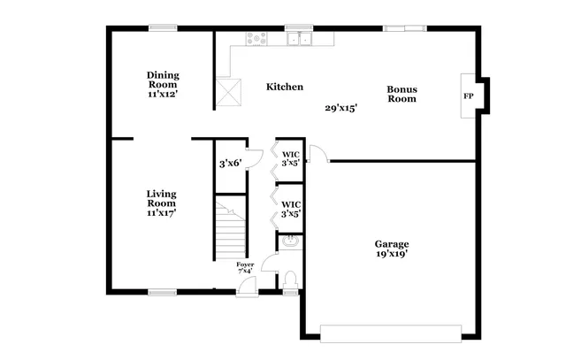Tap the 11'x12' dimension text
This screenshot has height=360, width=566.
(x=162, y=95)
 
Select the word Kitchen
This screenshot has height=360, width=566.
(x=285, y=87)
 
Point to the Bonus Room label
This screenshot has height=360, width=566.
(x=402, y=94)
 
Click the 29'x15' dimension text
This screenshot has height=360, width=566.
(x=341, y=108)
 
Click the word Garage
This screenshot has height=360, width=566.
(x=391, y=243)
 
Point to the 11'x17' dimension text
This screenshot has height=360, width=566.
(x=161, y=213)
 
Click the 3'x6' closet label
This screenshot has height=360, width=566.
(x=231, y=163)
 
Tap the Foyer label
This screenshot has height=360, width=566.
(x=244, y=264)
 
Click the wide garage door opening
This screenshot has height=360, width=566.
(x=391, y=333)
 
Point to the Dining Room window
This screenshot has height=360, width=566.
(x=162, y=28)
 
